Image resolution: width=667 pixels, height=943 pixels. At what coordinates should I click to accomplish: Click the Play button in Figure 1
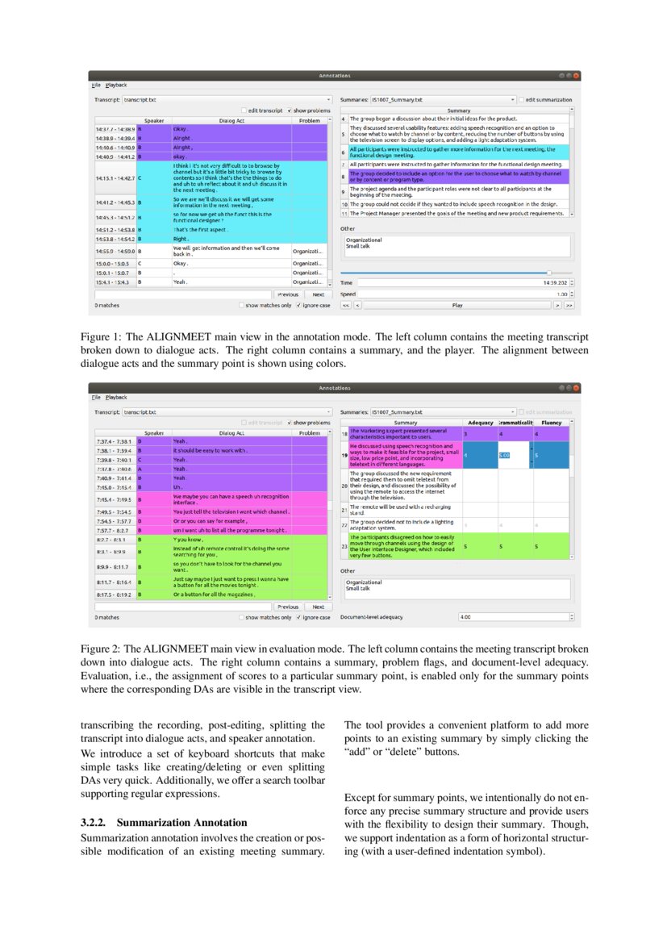point(456,306)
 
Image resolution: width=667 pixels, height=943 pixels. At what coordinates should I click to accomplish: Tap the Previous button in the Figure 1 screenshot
point(287,294)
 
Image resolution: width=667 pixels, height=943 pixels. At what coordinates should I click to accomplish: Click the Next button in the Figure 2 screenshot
point(319,607)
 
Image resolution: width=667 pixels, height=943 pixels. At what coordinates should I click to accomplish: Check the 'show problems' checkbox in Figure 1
point(290,110)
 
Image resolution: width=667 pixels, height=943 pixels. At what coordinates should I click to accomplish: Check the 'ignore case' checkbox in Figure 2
point(299,617)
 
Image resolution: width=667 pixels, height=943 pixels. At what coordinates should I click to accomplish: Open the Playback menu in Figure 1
point(116,85)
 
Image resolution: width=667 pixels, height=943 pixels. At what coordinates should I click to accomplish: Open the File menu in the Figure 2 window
point(96,397)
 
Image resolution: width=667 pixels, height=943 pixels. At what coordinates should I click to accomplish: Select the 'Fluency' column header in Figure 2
point(552,422)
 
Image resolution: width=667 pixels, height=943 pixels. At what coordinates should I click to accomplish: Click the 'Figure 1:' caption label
point(100,336)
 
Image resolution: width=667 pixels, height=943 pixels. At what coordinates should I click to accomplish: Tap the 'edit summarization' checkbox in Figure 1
point(521,100)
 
